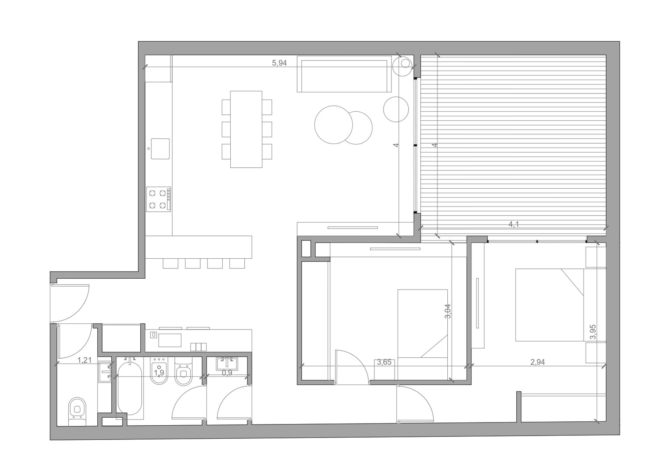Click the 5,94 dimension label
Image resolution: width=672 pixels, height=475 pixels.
(279, 63)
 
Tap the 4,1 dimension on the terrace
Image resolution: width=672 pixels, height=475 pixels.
(513, 224)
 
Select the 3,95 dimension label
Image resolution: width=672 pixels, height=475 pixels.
(593, 332)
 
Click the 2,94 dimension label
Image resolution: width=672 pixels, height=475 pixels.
(538, 362)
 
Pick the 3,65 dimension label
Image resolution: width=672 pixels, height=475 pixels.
(384, 362)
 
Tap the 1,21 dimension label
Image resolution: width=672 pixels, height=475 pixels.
(84, 360)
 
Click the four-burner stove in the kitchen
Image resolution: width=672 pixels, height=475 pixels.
(159, 199)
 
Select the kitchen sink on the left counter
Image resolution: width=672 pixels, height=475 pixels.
(160, 149)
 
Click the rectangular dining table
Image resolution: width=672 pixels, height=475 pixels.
(246, 129)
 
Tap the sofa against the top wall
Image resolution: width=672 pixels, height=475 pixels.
(344, 74)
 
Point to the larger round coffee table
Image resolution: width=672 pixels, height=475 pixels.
(334, 125)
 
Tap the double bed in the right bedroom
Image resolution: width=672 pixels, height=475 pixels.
(549, 305)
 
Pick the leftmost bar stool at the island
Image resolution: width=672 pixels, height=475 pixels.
(170, 264)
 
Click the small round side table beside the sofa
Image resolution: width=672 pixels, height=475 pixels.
(396, 109)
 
